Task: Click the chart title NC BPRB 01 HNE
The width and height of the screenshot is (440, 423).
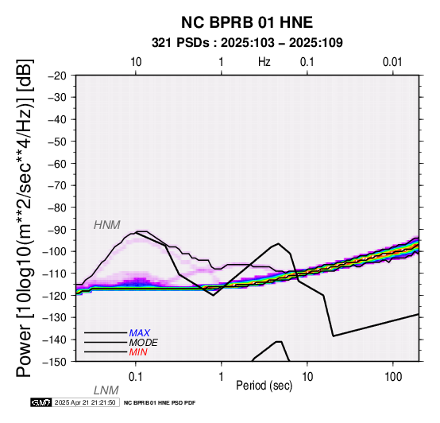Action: (x=247, y=22)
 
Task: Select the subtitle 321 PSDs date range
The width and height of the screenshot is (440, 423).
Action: (x=247, y=43)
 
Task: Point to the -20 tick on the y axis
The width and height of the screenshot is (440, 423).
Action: (x=57, y=76)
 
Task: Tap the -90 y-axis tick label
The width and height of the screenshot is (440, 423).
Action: (x=57, y=230)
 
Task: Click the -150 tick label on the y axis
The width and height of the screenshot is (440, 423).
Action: (x=55, y=362)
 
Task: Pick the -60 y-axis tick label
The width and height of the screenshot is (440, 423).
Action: (x=57, y=164)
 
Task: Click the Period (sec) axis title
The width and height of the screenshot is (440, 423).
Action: (x=264, y=386)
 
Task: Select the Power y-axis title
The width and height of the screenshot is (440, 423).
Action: (x=25, y=218)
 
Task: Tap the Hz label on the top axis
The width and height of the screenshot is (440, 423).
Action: (x=264, y=62)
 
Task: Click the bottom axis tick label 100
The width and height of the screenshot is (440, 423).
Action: (x=393, y=377)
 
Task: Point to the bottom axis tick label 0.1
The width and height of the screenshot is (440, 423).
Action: (x=136, y=377)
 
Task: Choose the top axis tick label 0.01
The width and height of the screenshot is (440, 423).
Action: (x=392, y=62)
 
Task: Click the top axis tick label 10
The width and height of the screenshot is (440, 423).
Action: (x=136, y=62)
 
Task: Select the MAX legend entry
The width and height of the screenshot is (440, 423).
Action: (x=140, y=333)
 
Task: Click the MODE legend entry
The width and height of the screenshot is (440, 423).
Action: (x=144, y=343)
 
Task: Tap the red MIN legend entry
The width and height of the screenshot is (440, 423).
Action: (x=138, y=352)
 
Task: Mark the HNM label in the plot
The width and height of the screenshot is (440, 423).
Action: (x=107, y=225)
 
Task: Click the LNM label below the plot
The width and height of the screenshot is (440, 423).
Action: (x=106, y=390)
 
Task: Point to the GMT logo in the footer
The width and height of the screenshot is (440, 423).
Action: (x=41, y=402)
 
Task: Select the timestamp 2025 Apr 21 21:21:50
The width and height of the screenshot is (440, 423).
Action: (x=85, y=402)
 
